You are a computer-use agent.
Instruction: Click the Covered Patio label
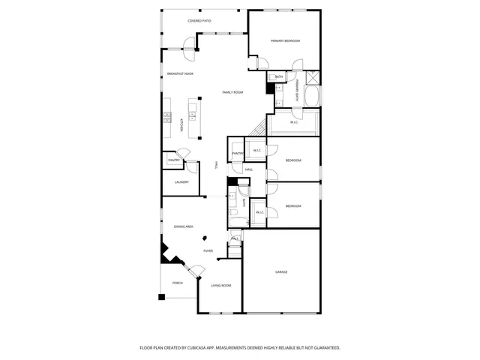point(199,21)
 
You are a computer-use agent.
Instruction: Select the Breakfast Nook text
point(181,73)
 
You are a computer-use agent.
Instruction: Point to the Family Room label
point(232,92)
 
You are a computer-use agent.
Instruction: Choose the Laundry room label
point(181,182)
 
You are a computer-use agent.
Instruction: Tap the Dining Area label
point(184,226)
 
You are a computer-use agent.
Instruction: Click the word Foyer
point(208,250)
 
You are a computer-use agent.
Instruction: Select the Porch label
point(178,283)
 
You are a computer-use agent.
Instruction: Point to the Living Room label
point(220,286)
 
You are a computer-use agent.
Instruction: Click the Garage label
point(281,271)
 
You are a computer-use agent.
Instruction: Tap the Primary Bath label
point(297,90)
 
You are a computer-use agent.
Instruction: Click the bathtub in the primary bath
point(313,97)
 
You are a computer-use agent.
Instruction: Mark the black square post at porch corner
point(161,297)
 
